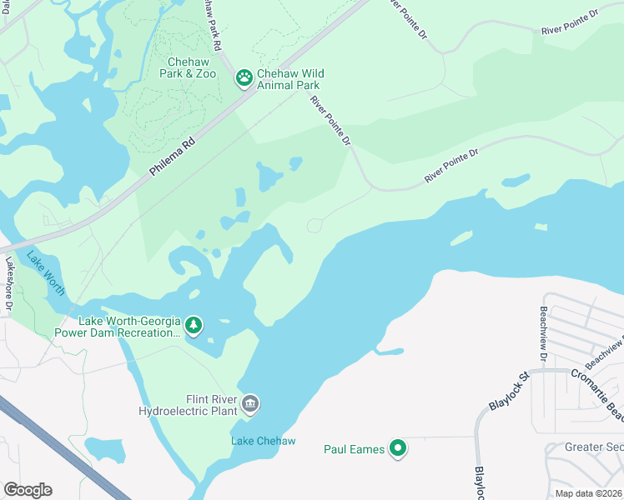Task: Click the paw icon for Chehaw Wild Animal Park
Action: pos(244,78)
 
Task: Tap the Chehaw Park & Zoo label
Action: pos(180,67)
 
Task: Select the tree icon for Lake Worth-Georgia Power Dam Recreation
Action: pos(194,324)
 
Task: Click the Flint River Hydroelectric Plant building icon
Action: pos(250,405)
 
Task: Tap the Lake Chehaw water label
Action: pos(263,441)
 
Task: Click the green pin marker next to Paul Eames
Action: pos(399,449)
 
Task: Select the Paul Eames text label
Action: pos(354,450)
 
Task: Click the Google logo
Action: pos(28,489)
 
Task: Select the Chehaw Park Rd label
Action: pos(214,25)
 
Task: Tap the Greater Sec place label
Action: pos(594,447)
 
